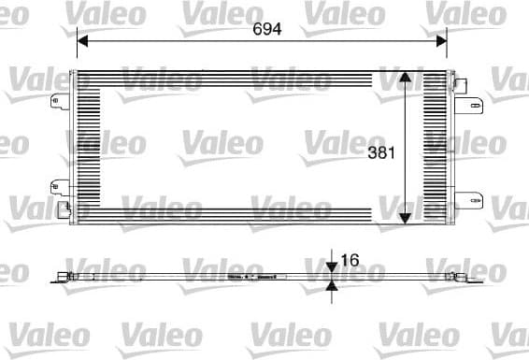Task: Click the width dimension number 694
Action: pos(267,29)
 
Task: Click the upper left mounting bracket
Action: pos(59,103)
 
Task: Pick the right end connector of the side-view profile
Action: pos(462,277)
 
